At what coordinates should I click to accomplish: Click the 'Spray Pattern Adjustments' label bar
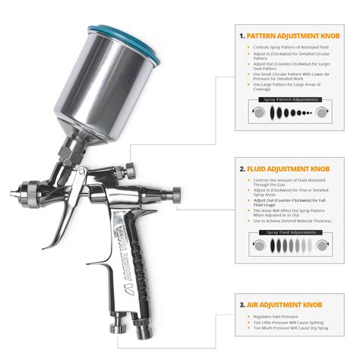pyautogui.click(x=289, y=99)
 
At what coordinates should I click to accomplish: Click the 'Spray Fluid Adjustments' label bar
pyautogui.click(x=289, y=230)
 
